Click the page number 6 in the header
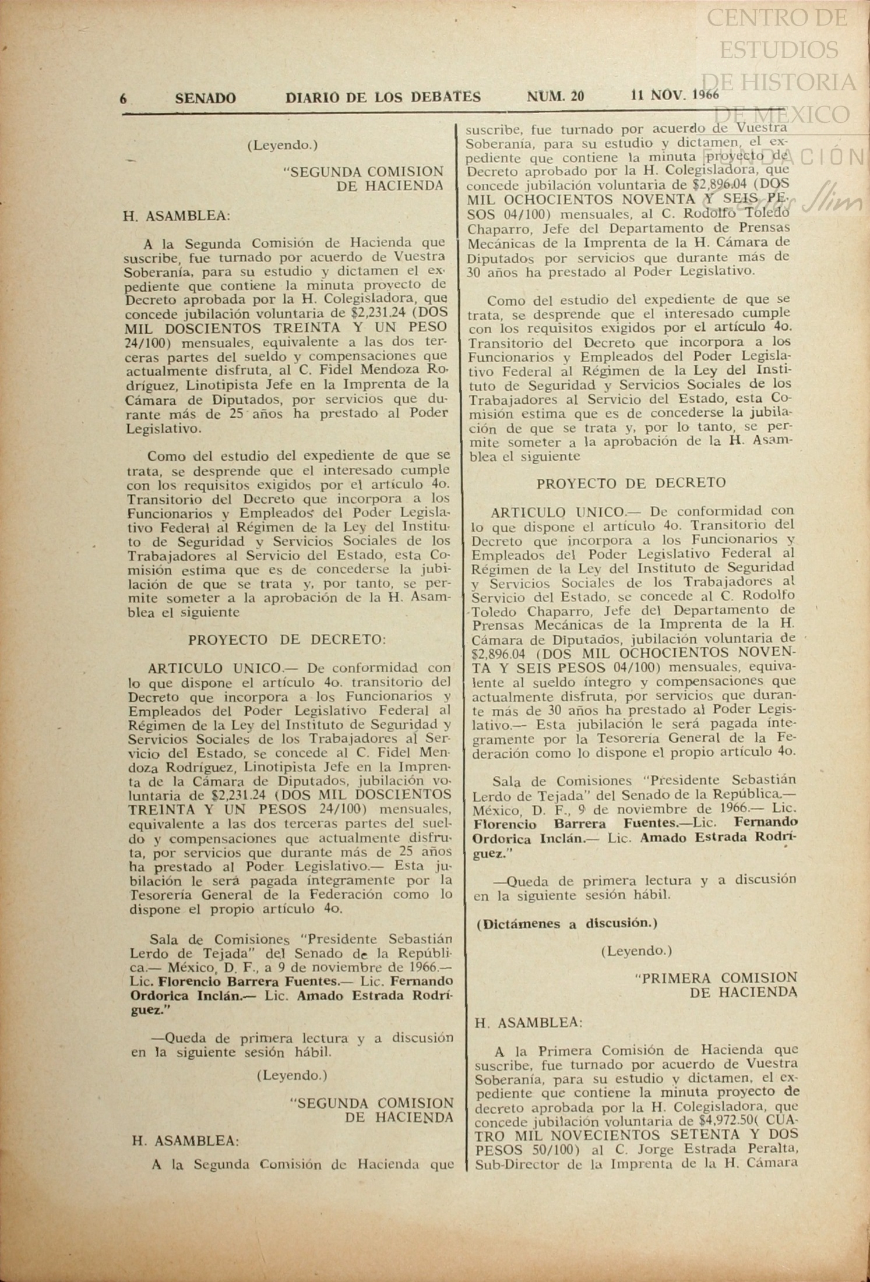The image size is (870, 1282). coord(124,98)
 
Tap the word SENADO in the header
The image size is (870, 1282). coord(206,98)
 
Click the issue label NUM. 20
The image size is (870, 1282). coord(555,96)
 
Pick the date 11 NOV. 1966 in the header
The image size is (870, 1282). coord(675,95)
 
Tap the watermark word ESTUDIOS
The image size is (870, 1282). coord(779,50)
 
